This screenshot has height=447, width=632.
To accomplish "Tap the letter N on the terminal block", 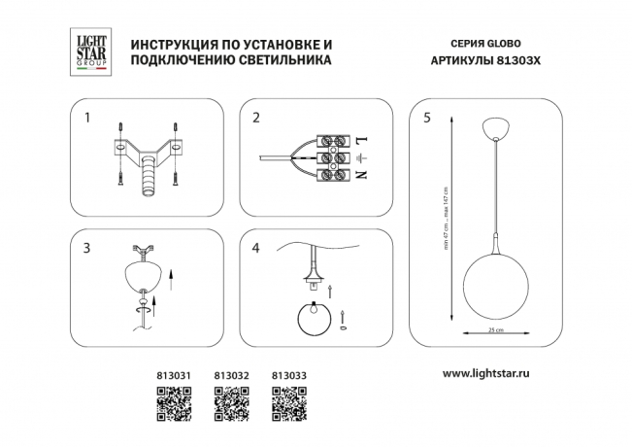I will click(x=362, y=175).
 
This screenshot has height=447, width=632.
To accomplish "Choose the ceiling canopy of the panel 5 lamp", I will click(x=495, y=127).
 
